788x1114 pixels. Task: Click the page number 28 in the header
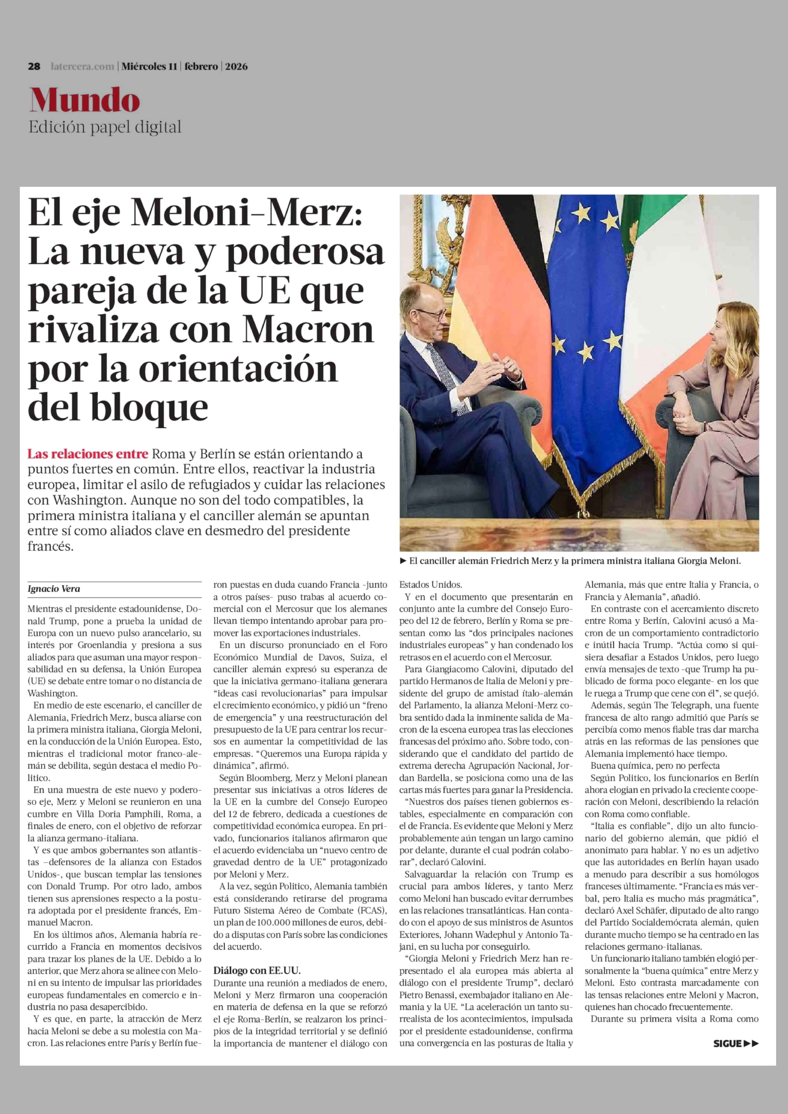34,66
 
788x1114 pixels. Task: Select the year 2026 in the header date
236,66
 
